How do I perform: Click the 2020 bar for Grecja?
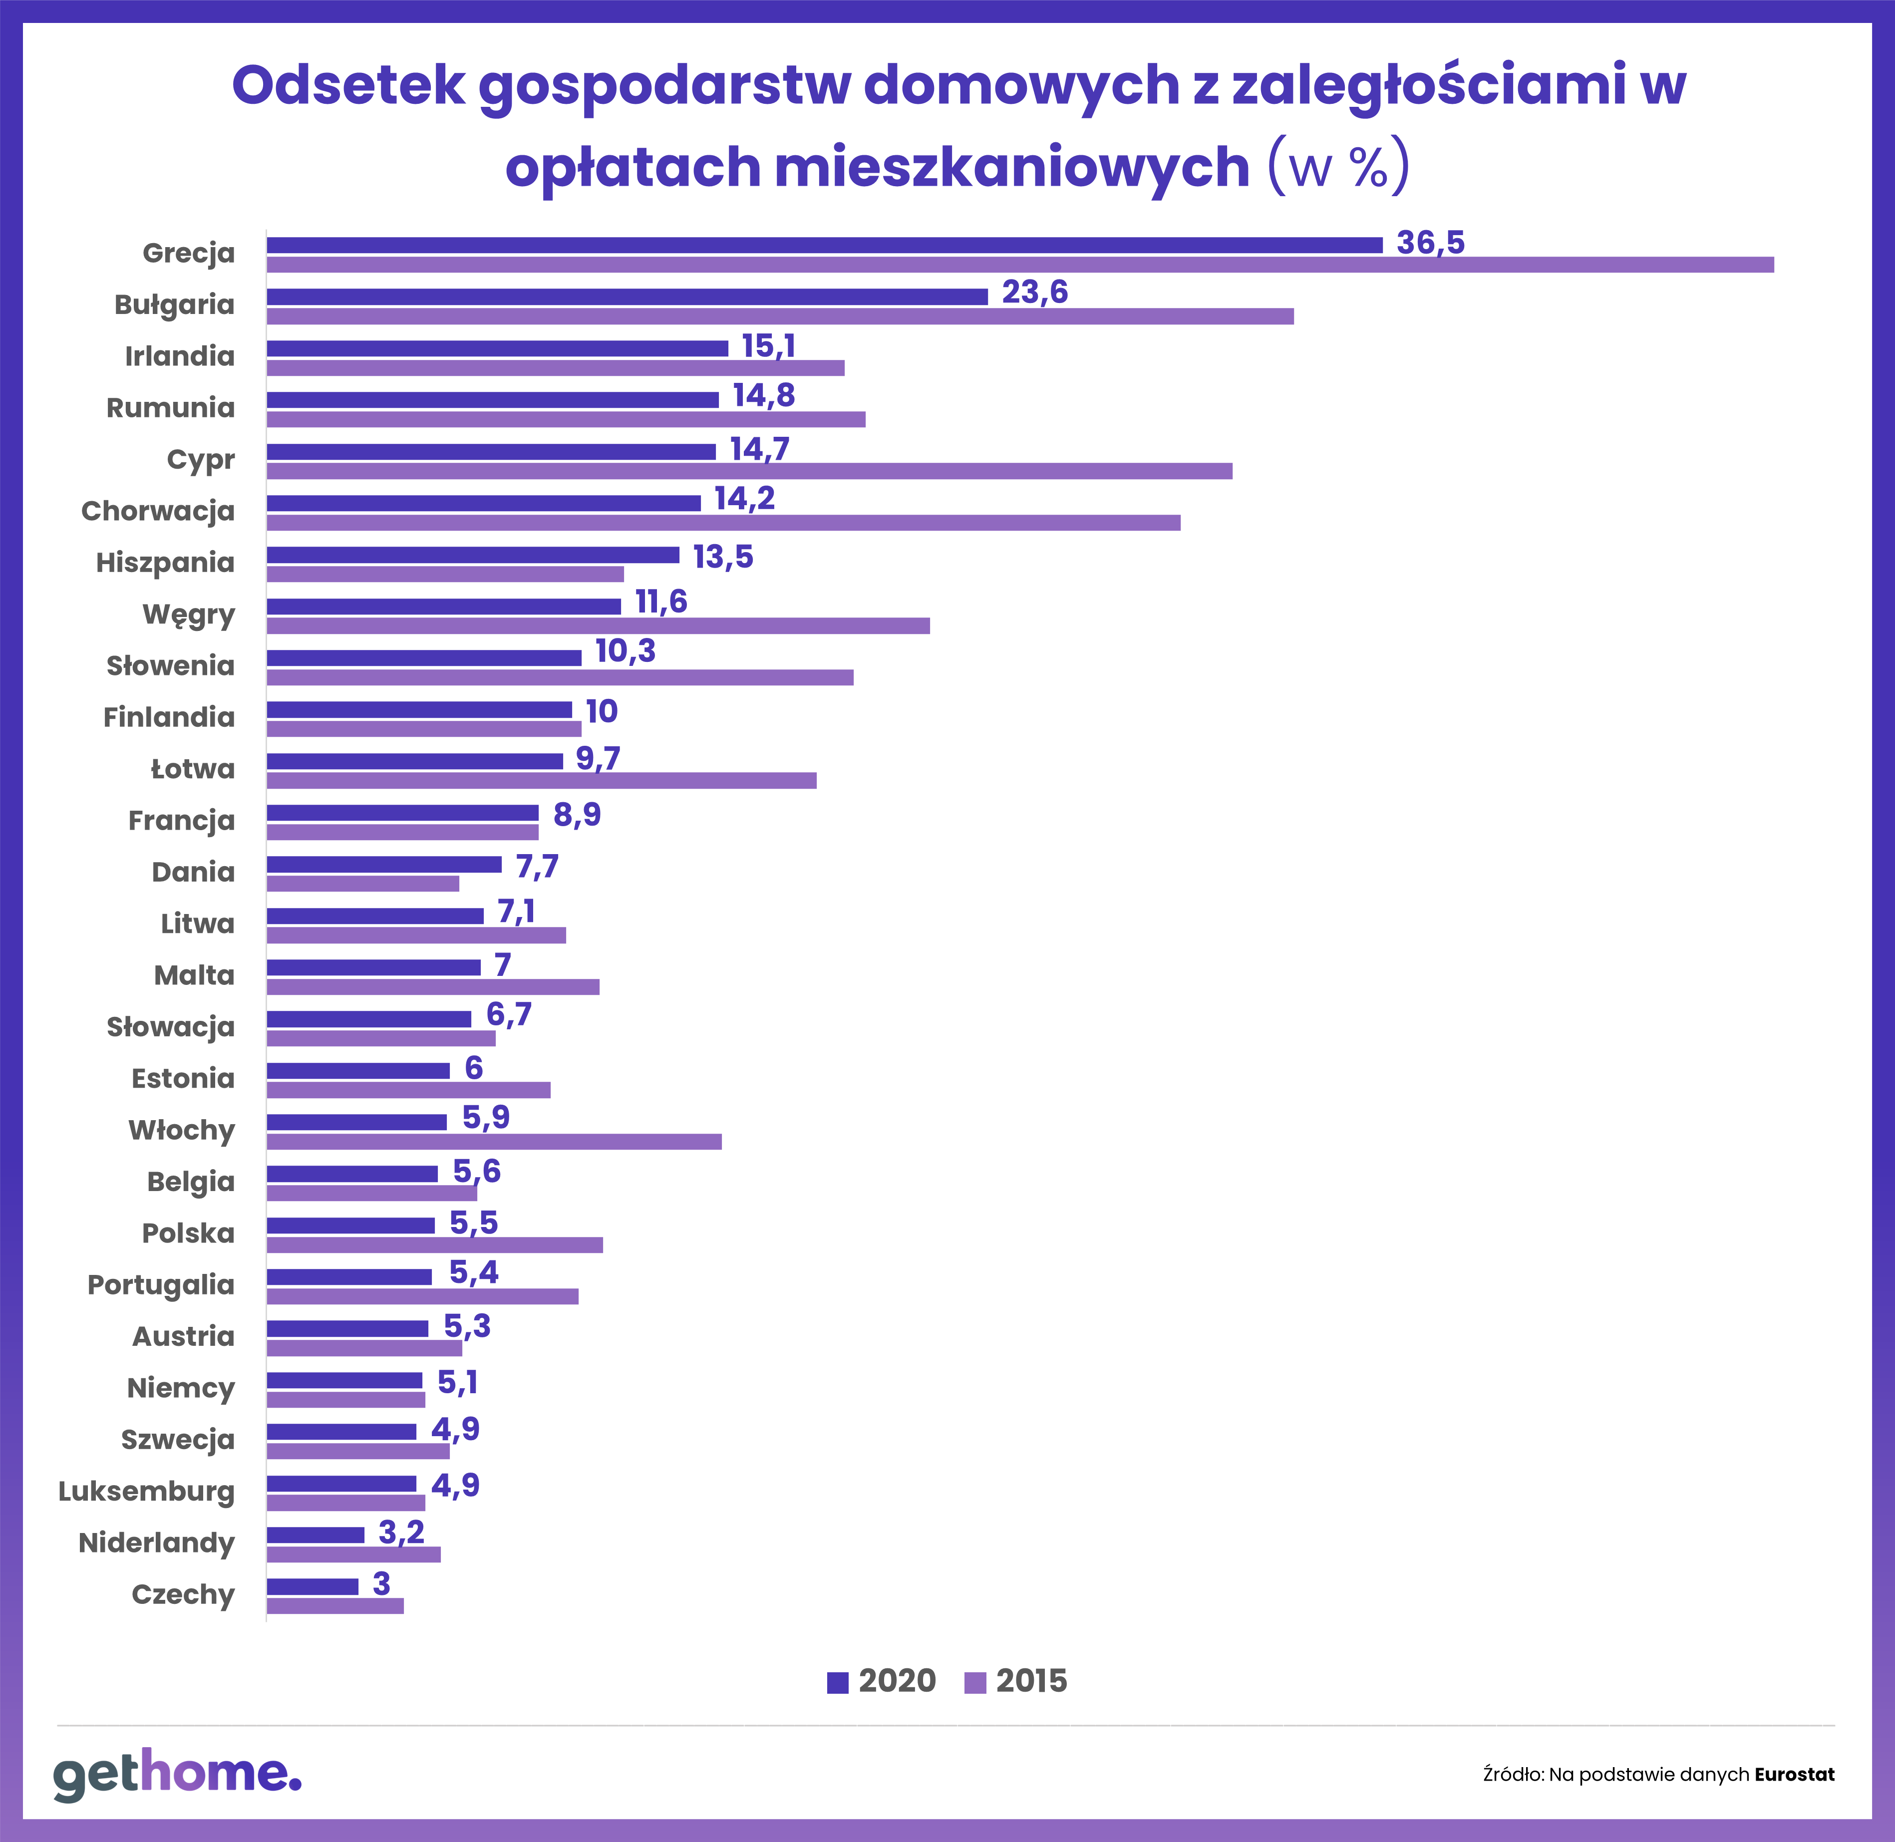click(x=824, y=245)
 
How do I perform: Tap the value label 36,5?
click(x=1430, y=242)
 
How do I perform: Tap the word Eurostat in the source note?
click(x=1794, y=1774)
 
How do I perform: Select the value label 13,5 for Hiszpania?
click(x=722, y=557)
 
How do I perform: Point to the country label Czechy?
click(x=184, y=1594)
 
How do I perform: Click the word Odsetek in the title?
click(x=348, y=85)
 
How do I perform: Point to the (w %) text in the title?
click(x=1338, y=166)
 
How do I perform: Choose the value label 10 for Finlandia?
click(x=602, y=712)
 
